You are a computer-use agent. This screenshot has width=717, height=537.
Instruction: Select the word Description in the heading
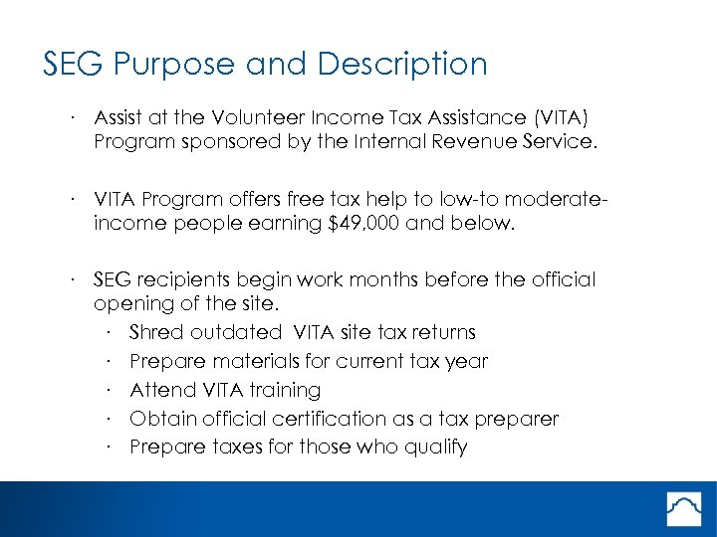click(402, 65)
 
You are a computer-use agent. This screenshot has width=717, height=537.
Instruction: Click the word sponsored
click(225, 141)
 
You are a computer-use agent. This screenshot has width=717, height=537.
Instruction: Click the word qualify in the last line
click(434, 447)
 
